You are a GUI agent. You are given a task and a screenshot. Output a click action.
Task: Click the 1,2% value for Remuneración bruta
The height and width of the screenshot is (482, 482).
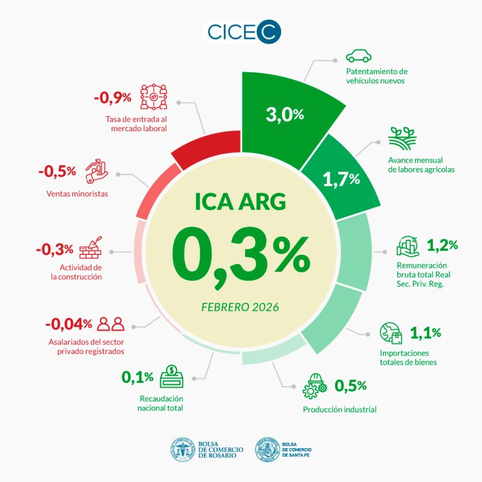442,244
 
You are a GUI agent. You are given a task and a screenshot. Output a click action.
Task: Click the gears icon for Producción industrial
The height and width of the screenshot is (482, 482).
314,385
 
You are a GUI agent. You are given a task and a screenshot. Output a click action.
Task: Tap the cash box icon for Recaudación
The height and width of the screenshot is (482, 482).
171,377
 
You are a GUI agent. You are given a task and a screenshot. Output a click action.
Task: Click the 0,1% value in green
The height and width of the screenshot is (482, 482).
137,377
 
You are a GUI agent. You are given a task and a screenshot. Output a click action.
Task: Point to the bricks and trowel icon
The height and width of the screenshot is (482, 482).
90,249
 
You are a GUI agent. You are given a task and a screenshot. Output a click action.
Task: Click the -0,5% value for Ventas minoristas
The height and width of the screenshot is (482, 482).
57,171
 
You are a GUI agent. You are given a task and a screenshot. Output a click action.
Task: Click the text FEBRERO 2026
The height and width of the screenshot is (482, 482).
240,308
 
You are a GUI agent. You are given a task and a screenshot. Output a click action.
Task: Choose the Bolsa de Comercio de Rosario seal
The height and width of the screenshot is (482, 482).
183,449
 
